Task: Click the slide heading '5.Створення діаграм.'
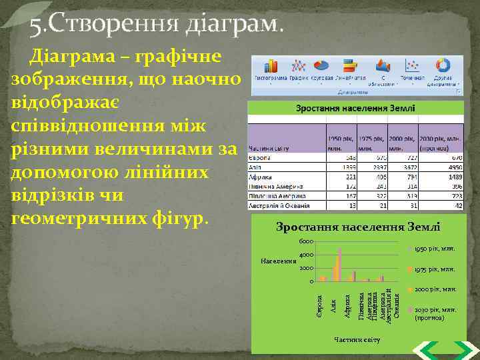coord(156,25)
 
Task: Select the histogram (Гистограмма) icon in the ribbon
coord(271,65)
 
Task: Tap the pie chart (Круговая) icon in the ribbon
coord(321,65)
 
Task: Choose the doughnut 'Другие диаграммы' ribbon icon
coord(443,65)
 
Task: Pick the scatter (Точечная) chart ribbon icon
coord(413,65)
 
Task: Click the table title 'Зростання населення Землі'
coord(355,108)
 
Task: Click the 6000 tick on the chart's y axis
coord(305,241)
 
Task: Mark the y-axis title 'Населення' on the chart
coord(279,261)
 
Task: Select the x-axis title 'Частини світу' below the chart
coord(357,340)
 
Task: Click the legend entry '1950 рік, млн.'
coord(433,249)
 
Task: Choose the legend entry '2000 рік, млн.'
coord(433,290)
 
